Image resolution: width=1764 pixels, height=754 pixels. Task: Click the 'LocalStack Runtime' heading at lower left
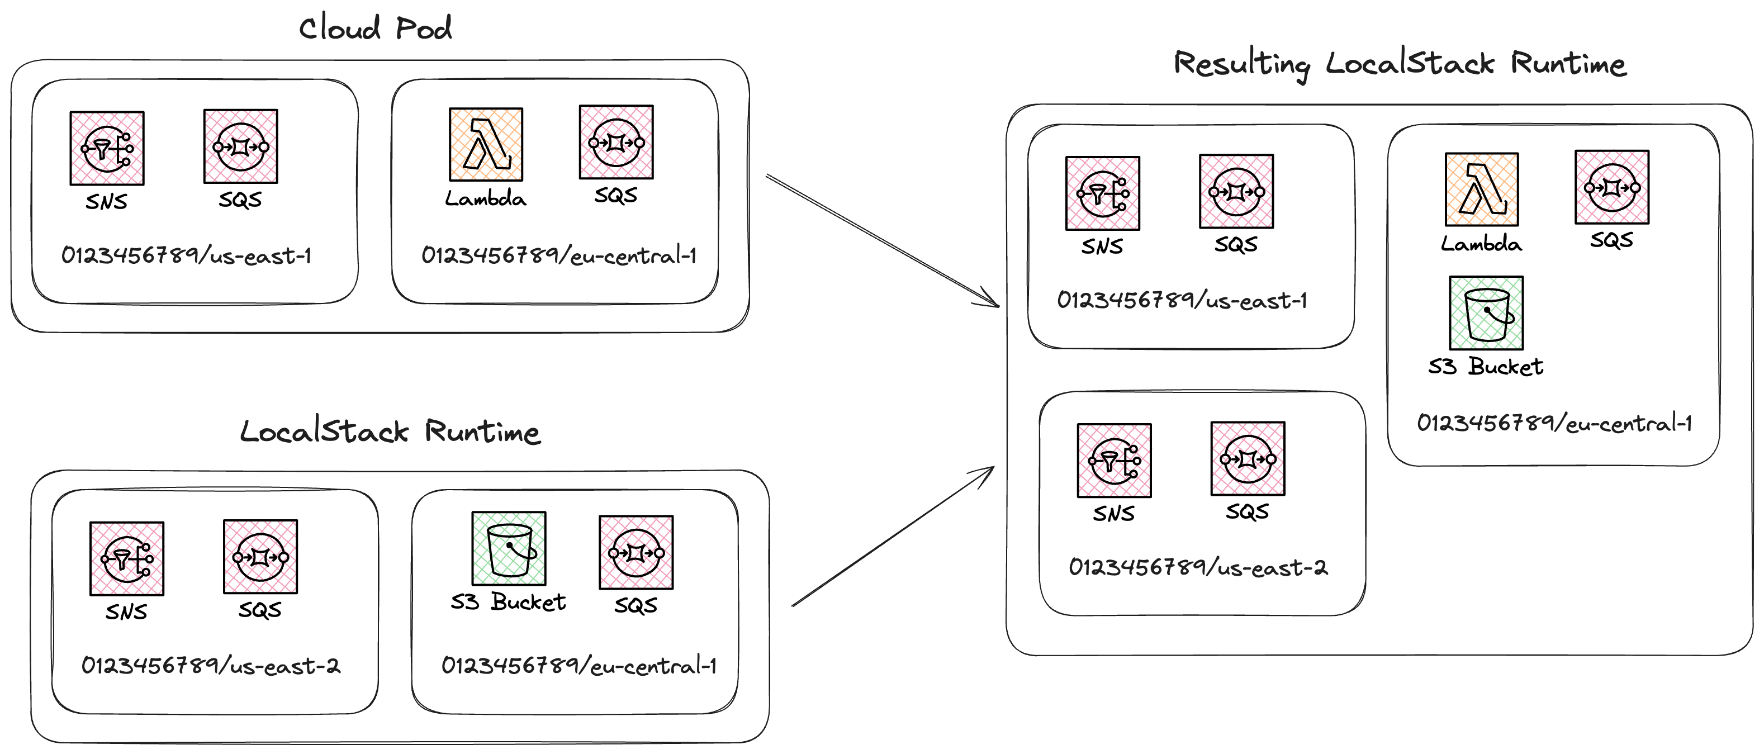pyautogui.click(x=390, y=431)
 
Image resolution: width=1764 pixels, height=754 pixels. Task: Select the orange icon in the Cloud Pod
pyautogui.click(x=486, y=145)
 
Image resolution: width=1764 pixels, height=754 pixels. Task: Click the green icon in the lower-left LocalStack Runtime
pyautogui.click(x=509, y=548)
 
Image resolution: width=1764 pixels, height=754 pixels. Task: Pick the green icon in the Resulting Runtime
pyautogui.click(x=1486, y=313)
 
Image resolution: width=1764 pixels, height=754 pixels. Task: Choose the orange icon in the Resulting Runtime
pyautogui.click(x=1481, y=189)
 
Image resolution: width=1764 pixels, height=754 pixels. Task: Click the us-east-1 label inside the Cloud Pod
pyautogui.click(x=186, y=255)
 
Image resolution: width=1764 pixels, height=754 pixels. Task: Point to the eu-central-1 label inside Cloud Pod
pyautogui.click(x=559, y=255)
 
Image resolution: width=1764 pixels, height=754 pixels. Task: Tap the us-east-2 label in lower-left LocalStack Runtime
pyautogui.click(x=211, y=665)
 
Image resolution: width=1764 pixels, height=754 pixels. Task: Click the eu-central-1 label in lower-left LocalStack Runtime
pyautogui.click(x=578, y=665)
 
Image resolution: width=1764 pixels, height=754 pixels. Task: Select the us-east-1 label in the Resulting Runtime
pyautogui.click(x=1182, y=300)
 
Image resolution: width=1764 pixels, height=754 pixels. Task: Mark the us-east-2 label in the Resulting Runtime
pyautogui.click(x=1198, y=567)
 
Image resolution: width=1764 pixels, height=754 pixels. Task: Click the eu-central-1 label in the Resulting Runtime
pyautogui.click(x=1554, y=423)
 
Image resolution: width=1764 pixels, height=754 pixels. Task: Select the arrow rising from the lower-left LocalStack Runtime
pyautogui.click(x=890, y=538)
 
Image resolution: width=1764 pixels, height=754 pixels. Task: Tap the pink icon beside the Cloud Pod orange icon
pyautogui.click(x=617, y=142)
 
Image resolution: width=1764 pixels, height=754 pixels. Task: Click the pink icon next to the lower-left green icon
pyautogui.click(x=636, y=552)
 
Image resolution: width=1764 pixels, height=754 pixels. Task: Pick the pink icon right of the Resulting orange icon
pyautogui.click(x=1612, y=187)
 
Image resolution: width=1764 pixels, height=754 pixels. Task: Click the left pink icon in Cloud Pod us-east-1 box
pyautogui.click(x=107, y=148)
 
